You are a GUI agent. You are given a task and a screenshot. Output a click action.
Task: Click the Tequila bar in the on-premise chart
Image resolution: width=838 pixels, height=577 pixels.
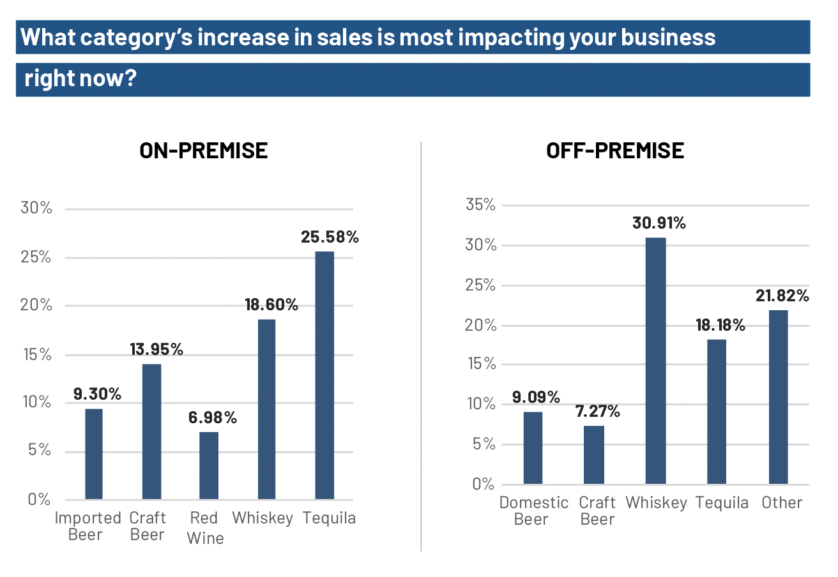(x=324, y=375)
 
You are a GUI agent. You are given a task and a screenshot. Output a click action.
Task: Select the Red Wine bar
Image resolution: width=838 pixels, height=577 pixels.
(x=209, y=465)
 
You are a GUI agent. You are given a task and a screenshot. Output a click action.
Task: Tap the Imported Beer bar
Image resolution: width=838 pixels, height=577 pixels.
(x=94, y=454)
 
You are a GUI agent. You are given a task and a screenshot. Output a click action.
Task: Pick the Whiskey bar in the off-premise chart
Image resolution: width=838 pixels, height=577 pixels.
(x=656, y=361)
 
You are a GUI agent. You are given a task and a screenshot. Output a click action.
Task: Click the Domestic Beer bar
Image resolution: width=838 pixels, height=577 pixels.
(x=533, y=447)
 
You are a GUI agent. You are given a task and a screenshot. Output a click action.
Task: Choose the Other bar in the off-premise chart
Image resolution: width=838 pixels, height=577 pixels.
(x=778, y=397)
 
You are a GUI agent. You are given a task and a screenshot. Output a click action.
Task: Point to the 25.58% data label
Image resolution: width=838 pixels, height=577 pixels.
(x=330, y=237)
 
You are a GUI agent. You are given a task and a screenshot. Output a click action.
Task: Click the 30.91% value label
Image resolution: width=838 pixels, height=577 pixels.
(x=659, y=223)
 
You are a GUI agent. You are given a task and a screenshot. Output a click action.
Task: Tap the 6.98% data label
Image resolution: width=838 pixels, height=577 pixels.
(x=213, y=418)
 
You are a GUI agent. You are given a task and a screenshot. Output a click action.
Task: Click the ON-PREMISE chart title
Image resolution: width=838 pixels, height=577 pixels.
(x=204, y=151)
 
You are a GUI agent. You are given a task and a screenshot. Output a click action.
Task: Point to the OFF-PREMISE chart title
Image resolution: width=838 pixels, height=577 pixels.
(x=615, y=151)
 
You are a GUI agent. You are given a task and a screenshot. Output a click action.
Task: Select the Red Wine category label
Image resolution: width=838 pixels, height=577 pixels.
(x=205, y=528)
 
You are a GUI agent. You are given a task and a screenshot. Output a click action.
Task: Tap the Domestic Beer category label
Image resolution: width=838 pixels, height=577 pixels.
(x=533, y=511)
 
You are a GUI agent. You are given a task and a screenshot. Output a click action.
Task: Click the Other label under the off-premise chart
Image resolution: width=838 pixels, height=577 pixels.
(x=782, y=503)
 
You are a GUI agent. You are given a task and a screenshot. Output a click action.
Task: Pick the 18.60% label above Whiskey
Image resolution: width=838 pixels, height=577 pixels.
(x=271, y=304)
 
